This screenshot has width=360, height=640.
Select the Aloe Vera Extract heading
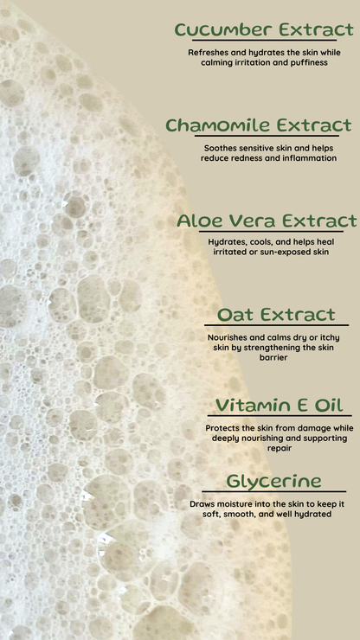coord(267,221)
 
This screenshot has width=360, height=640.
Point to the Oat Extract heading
coord(276,315)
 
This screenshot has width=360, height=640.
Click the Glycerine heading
coord(273,481)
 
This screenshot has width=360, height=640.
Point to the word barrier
coord(273,357)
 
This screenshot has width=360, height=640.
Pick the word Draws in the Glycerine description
coord(202,503)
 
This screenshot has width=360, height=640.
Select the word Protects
coord(224,428)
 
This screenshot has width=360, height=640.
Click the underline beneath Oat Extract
coord(276,327)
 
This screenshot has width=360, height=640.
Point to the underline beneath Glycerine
coord(273,492)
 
